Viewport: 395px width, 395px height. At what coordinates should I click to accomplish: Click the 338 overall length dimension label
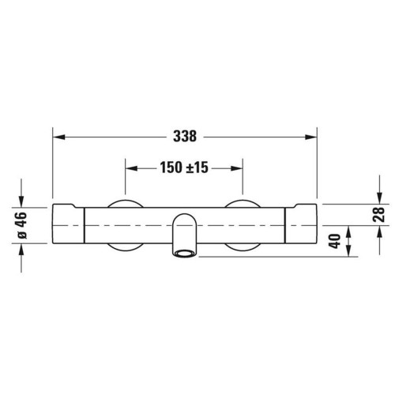click(185, 136)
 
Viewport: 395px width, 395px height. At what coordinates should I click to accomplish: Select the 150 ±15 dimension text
click(184, 168)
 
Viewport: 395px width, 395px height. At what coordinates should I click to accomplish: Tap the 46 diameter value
click(21, 217)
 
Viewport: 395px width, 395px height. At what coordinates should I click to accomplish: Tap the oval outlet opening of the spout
click(185, 254)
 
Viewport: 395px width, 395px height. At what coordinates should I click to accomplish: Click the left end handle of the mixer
click(68, 224)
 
